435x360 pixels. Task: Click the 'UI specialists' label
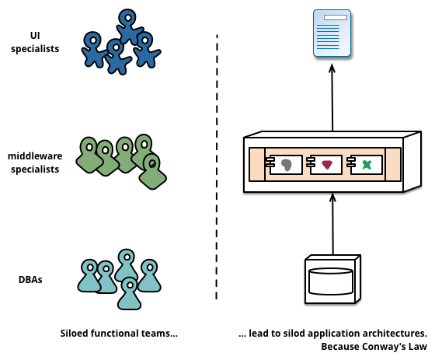34,41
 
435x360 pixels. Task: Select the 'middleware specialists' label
34,163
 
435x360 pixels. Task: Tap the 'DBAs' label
30,279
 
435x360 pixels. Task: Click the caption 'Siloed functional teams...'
120,334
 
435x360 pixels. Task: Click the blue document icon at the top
332,33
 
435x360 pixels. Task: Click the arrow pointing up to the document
332,97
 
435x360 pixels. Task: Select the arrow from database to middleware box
332,225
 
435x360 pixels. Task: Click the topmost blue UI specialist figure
127,24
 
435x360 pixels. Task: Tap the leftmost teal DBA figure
90,275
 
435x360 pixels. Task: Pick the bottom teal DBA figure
129,292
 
